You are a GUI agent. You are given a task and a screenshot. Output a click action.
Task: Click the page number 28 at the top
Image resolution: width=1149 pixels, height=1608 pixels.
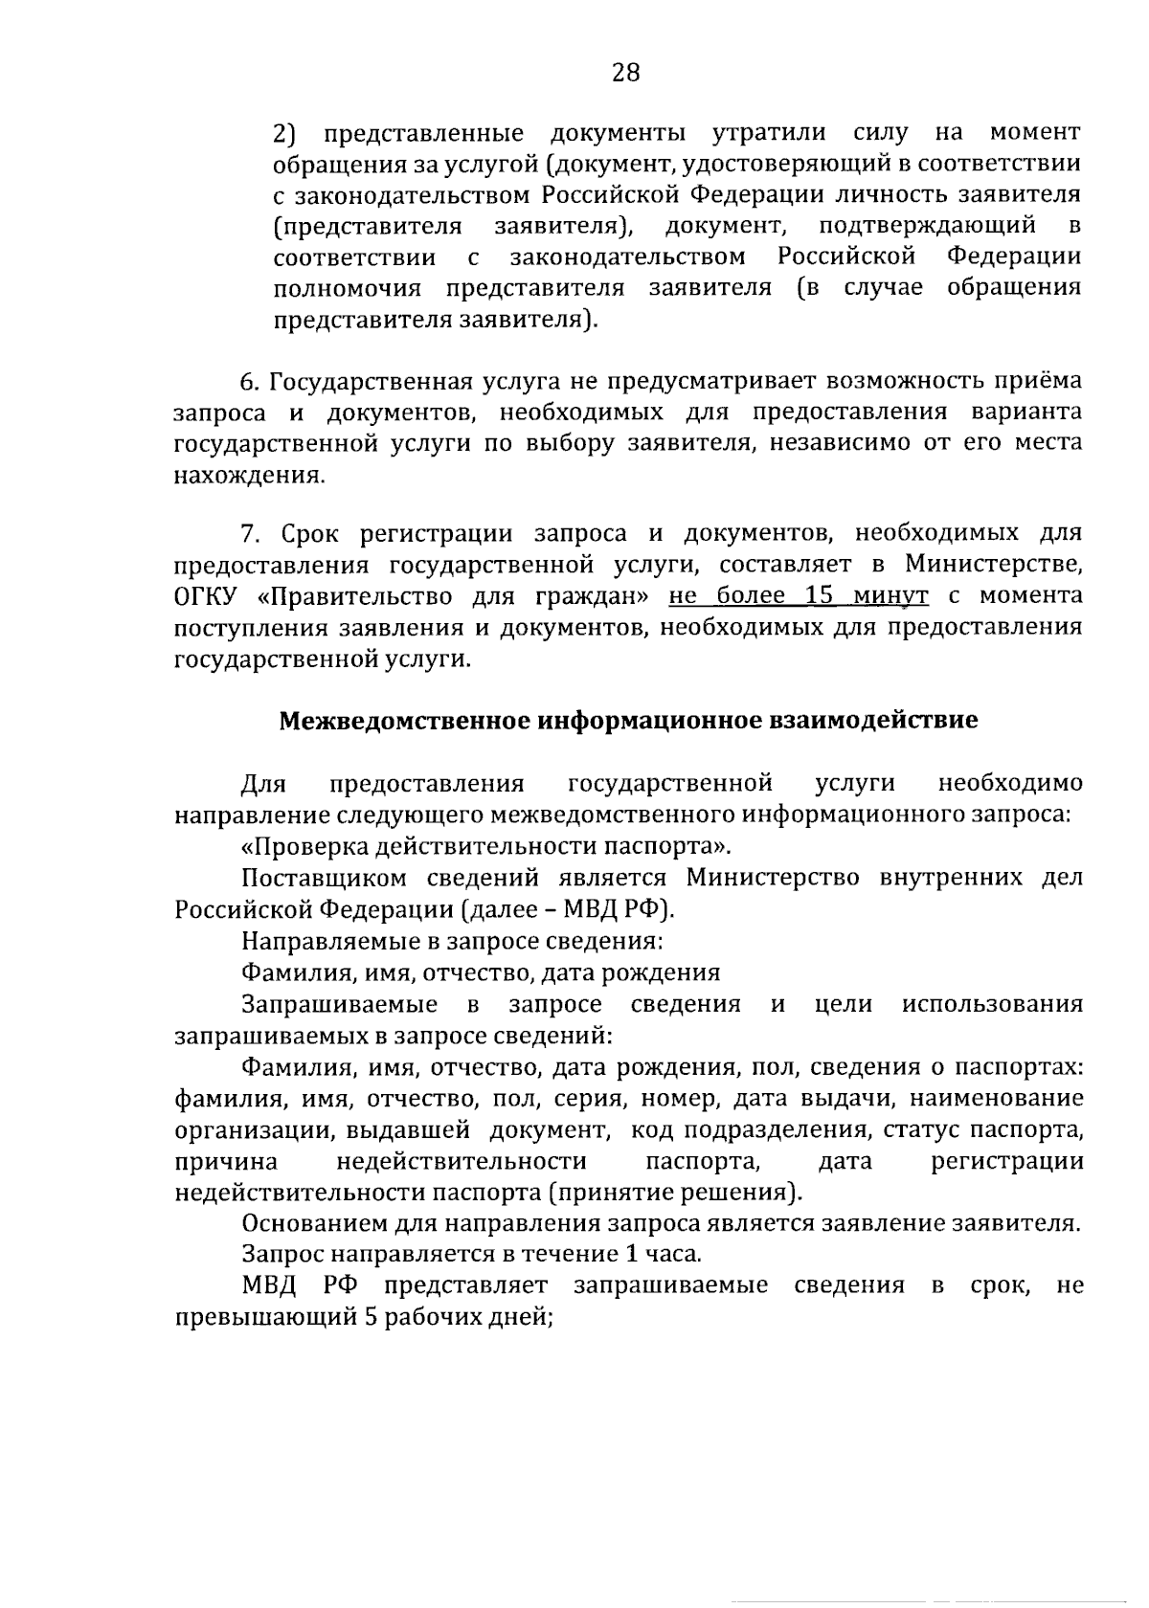[625, 73]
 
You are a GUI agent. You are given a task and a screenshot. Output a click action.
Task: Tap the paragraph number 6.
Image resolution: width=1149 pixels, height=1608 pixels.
[249, 382]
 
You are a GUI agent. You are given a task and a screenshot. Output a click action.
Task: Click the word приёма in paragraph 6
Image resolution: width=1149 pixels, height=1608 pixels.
[1044, 382]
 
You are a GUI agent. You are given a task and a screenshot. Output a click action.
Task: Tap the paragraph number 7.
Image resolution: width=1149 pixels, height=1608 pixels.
[249, 533]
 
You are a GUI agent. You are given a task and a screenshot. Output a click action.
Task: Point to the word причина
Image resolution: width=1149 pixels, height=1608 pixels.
[227, 1161]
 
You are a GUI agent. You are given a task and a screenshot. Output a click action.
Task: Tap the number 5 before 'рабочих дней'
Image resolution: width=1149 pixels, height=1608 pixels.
[370, 1317]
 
